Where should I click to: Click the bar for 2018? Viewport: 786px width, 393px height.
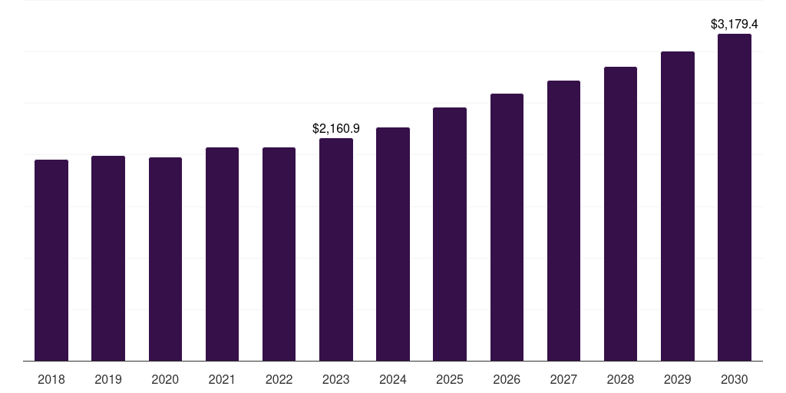point(51,260)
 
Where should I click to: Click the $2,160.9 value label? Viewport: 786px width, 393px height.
point(336,129)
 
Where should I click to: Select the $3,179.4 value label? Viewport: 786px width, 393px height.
point(735,25)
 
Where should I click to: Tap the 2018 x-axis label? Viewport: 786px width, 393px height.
point(51,379)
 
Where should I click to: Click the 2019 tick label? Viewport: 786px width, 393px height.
point(108,379)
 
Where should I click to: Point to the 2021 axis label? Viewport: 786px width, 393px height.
point(222,379)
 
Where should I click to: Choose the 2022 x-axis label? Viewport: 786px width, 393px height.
point(279,379)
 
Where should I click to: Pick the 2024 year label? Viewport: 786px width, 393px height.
point(393,379)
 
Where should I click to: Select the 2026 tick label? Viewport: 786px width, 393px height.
point(507,379)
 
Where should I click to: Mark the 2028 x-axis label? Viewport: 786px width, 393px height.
point(620,379)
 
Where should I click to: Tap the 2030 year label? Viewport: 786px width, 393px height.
point(735,379)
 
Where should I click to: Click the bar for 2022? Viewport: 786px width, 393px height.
point(279,254)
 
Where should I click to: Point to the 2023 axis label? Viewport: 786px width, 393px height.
point(336,379)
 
